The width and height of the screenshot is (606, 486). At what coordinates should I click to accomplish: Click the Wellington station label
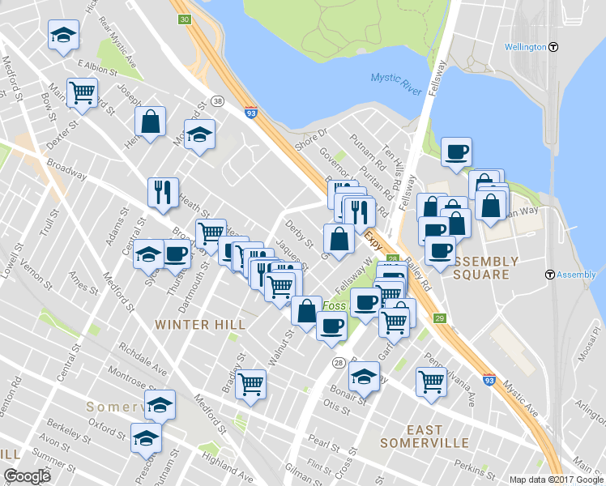524,47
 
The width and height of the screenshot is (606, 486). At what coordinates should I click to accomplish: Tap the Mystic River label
397,82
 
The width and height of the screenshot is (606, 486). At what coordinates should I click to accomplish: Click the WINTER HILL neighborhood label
198,324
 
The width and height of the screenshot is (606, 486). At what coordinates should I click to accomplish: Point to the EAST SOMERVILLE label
425,437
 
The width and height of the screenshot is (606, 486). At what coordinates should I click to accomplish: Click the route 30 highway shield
185,19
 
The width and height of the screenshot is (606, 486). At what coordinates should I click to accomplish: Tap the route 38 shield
218,100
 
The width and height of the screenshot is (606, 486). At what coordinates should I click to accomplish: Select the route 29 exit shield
439,318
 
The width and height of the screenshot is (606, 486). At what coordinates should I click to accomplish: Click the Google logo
27,476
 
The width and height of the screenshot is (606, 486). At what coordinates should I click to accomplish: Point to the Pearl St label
323,445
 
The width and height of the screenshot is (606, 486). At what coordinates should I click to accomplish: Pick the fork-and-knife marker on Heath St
163,192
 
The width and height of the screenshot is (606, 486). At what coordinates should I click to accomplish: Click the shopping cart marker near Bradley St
251,383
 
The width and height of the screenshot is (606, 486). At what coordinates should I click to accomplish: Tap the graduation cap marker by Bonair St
365,376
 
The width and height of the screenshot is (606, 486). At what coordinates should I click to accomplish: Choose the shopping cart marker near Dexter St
82,92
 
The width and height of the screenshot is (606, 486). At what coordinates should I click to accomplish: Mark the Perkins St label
470,468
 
